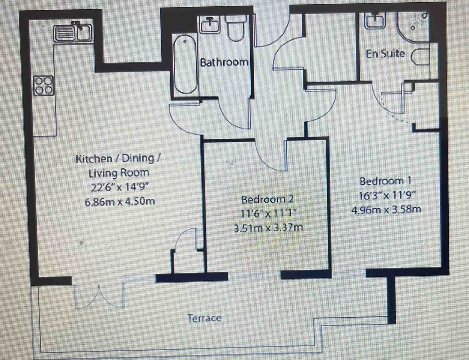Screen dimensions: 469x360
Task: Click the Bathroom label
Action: [x=224, y=62]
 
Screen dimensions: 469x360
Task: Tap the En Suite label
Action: [x=385, y=54]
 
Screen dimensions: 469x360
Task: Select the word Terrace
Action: [x=204, y=318]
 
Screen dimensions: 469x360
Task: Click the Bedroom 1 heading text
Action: [x=385, y=181]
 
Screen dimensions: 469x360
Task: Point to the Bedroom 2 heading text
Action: [x=268, y=199]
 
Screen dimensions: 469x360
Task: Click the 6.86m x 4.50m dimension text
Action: [x=120, y=202]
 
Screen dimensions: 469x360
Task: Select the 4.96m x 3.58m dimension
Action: [x=386, y=210]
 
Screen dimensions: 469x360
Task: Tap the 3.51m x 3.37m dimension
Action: [x=269, y=228]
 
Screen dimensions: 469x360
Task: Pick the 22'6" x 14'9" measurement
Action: [x=120, y=187]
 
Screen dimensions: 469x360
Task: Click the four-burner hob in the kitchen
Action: [x=44, y=85]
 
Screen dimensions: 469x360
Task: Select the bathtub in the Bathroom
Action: [x=185, y=64]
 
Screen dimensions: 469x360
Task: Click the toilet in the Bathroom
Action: [x=236, y=27]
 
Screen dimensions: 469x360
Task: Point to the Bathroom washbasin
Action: [x=210, y=25]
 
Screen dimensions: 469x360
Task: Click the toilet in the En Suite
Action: [x=421, y=57]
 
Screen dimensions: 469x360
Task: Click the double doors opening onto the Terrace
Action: [x=99, y=295]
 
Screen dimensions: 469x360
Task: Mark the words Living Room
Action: [x=119, y=173]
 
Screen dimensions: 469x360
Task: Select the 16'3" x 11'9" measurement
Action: [x=387, y=195]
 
